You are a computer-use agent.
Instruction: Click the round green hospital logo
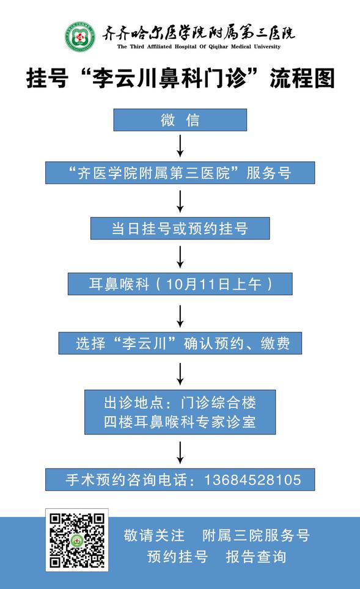(79, 37)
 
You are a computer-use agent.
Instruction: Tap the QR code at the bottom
(77, 540)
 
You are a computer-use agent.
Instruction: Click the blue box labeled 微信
(180, 120)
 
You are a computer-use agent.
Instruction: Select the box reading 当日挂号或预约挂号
(180, 228)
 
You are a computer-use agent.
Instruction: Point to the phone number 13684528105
(252, 480)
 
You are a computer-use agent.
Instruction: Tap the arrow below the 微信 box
(180, 146)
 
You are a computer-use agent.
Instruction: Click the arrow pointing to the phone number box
(180, 453)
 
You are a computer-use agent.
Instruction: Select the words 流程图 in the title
(302, 78)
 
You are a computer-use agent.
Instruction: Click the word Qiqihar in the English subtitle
(218, 46)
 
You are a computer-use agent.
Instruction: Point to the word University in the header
(267, 46)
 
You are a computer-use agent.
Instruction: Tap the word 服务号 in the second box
(269, 173)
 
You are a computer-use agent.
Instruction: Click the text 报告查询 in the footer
(256, 557)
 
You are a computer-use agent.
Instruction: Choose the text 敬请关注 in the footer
(154, 535)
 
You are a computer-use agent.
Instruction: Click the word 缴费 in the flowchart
(275, 343)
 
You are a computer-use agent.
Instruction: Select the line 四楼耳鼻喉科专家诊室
(180, 422)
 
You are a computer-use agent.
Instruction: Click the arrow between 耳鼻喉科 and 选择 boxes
(180, 316)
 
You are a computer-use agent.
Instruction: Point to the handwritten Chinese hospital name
(199, 33)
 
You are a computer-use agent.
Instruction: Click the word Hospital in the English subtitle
(185, 46)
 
